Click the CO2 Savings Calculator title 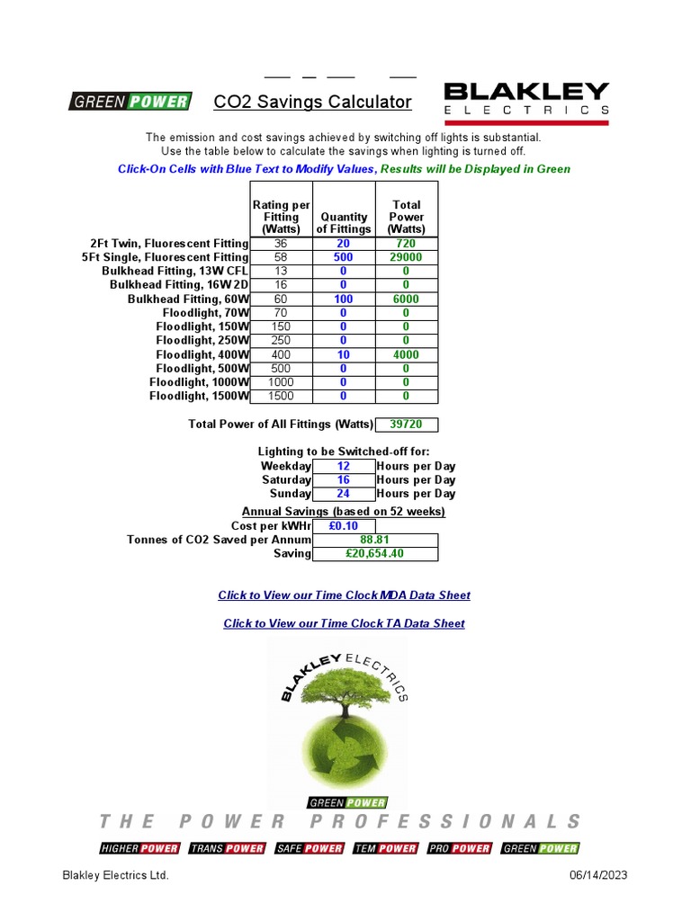coord(312,103)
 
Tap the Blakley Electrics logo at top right coord(526,103)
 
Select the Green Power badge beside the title coord(130,102)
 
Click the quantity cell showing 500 coord(343,257)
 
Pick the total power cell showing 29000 coord(406,257)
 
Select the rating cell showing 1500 coord(281,396)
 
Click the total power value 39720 coord(406,425)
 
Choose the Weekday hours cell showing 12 coord(343,466)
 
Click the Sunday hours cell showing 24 coord(343,493)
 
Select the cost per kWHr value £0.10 coord(343,525)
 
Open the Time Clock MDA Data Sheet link coord(344,595)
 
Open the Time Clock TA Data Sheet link coord(344,623)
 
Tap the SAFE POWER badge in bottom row coord(310,848)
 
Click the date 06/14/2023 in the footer coord(598,875)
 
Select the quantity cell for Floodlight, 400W coord(343,354)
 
